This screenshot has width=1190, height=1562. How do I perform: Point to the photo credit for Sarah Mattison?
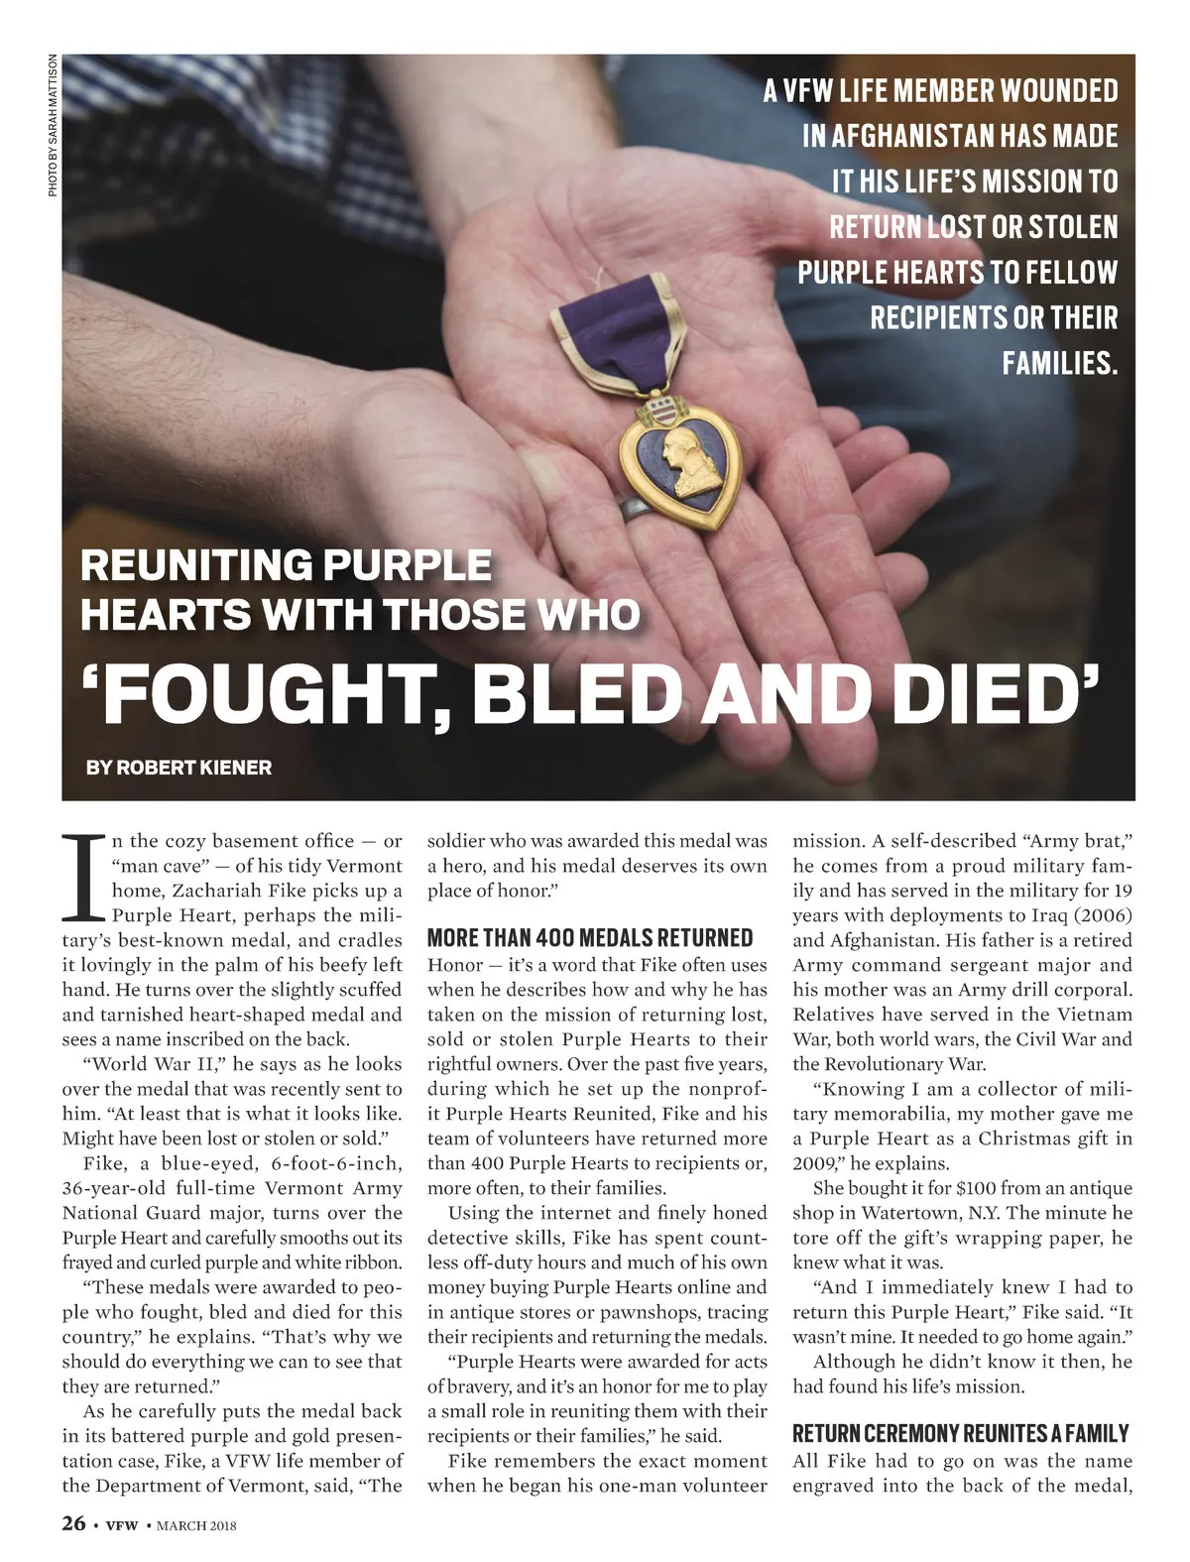coord(54,125)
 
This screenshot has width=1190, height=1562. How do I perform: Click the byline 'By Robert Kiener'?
coord(178,767)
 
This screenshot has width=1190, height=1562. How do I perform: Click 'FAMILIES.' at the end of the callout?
coord(1059,363)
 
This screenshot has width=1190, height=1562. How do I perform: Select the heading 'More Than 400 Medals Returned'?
coord(590,938)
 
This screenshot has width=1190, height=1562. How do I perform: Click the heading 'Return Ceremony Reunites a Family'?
coord(961,1433)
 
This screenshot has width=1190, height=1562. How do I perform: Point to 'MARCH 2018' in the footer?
coord(196,1525)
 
